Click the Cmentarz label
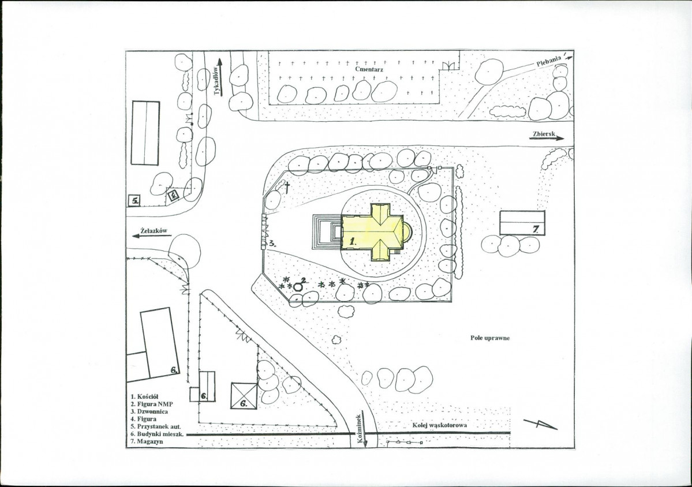pos(369,69)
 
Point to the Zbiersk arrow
pos(547,138)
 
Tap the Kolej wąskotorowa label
pos(440,425)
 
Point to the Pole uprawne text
pos(490,338)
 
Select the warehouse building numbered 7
pos(522,223)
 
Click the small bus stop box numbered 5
pos(134,201)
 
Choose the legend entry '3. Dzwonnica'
pos(149,411)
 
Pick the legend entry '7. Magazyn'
pos(147,441)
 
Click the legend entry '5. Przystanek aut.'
pos(156,426)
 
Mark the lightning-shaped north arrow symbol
pos(541,424)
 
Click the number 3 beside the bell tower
pos(273,243)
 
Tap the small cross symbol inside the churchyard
pos(287,188)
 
